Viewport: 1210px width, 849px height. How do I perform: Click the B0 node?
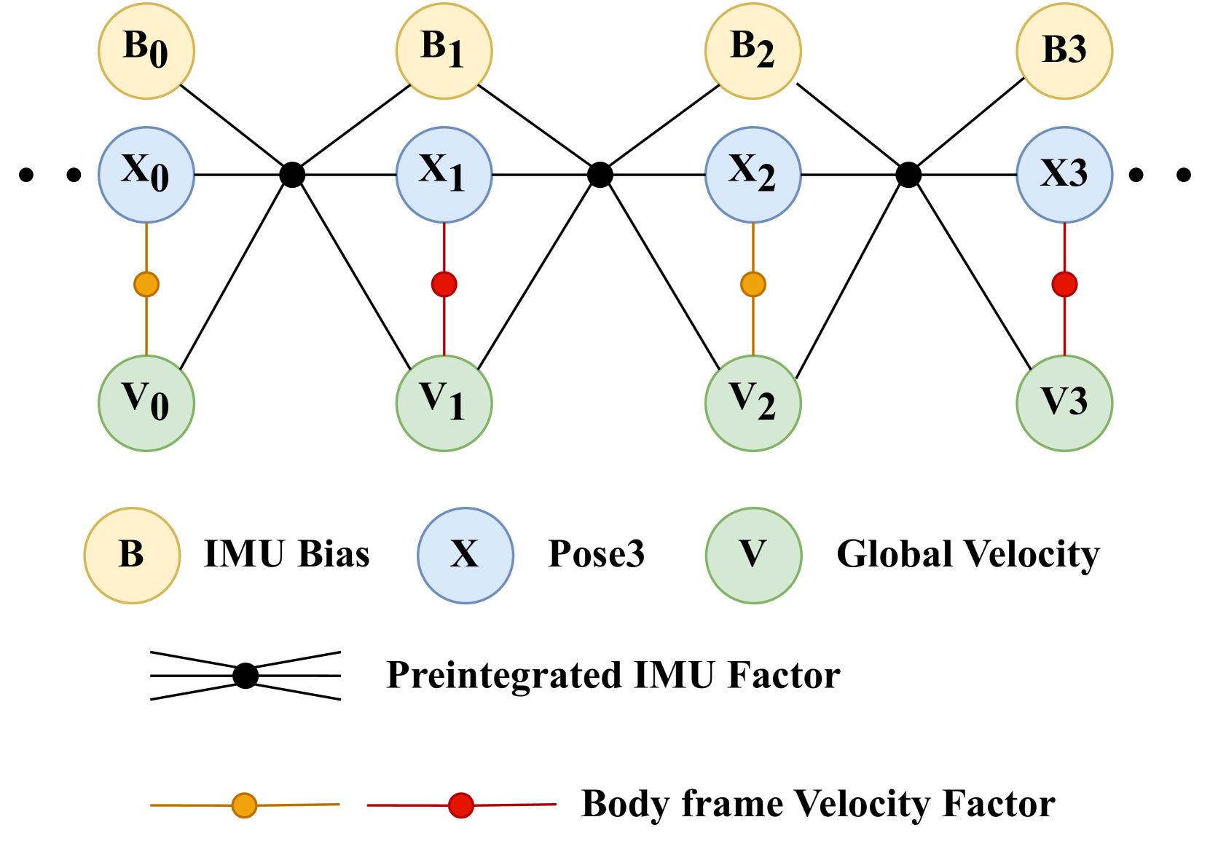click(x=146, y=50)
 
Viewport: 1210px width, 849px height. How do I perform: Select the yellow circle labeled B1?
click(x=444, y=50)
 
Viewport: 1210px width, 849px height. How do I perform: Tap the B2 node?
click(x=753, y=50)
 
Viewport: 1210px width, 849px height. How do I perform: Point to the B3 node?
click(x=1064, y=50)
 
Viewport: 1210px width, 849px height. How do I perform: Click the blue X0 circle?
click(x=146, y=175)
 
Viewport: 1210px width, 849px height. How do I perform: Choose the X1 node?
click(x=444, y=175)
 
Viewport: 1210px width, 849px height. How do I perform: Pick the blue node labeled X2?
click(x=753, y=175)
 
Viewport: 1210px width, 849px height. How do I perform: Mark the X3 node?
click(x=1064, y=175)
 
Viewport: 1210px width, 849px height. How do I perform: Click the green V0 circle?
click(x=146, y=403)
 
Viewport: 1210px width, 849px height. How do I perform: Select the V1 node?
click(x=444, y=403)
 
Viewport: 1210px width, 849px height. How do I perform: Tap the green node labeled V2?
click(x=753, y=403)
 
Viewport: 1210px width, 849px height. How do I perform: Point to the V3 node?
click(x=1064, y=403)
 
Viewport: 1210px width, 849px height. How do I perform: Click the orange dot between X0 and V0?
click(x=146, y=284)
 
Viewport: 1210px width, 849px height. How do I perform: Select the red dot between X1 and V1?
click(x=444, y=284)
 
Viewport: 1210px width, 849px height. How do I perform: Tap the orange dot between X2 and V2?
click(x=753, y=284)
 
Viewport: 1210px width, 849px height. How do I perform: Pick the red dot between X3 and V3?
click(x=1064, y=284)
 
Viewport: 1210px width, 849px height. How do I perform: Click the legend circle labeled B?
click(x=132, y=556)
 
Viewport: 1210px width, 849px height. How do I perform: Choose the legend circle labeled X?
click(x=465, y=556)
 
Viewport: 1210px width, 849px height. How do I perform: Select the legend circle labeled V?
click(x=753, y=556)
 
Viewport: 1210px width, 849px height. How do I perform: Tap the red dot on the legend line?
click(x=461, y=805)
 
